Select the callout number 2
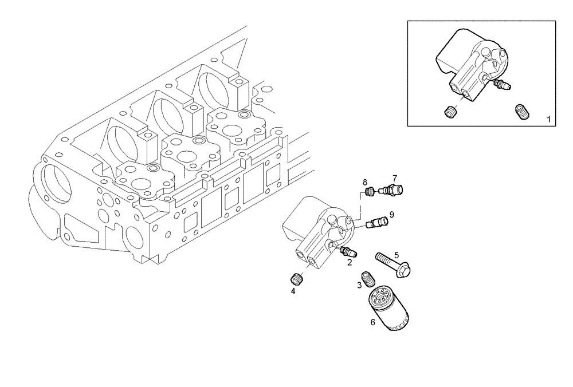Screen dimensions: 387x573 pos(349,263)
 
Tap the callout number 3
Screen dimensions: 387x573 pos(359,285)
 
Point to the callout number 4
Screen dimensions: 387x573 pos(293,291)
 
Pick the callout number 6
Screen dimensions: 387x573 pos(372,322)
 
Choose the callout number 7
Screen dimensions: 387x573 pos(394,177)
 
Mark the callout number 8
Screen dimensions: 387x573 pos(364,182)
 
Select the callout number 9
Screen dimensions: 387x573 pos(391,215)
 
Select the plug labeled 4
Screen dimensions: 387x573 pos(297,279)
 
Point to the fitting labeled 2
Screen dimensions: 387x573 pos(348,252)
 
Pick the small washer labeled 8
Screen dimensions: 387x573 pos(370,191)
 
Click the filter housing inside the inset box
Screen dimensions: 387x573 pos(470,63)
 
